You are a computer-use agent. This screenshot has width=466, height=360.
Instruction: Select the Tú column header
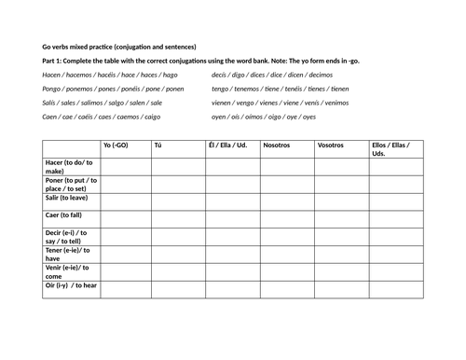158,146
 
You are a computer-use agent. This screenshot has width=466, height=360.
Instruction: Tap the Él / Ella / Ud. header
228,146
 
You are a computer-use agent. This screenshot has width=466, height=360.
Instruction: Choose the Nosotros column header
278,146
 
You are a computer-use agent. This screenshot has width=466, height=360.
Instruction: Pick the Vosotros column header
331,146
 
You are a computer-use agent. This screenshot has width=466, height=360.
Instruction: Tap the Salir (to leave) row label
67,198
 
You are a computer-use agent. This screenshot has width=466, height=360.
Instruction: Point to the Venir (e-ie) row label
67,271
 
